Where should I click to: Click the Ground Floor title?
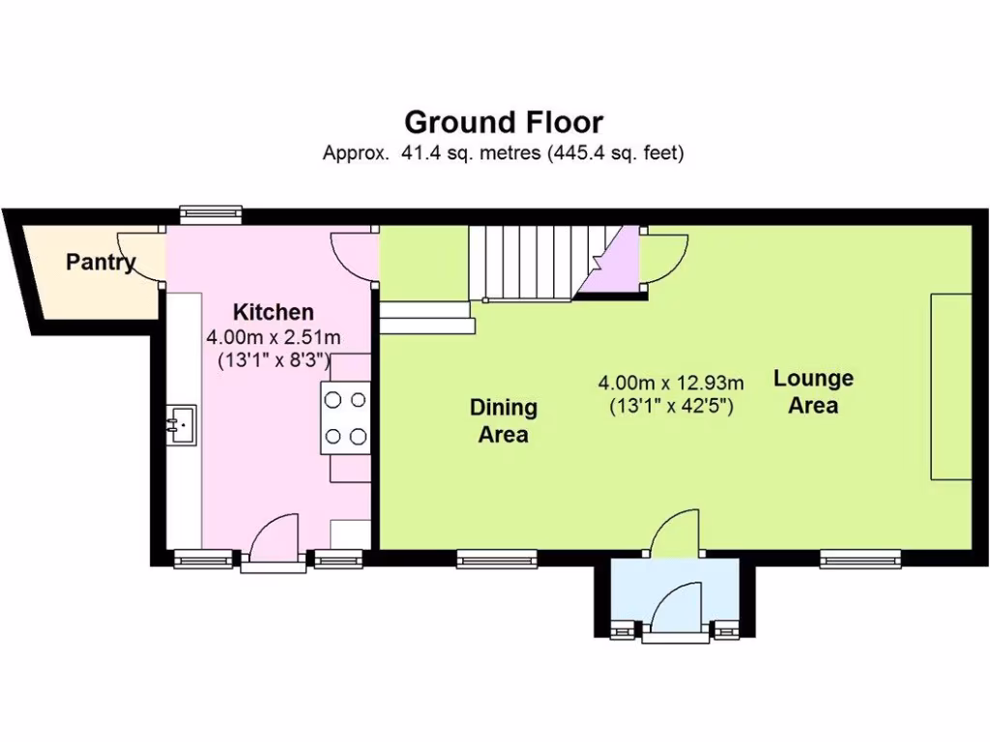(503, 123)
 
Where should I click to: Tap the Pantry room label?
(101, 262)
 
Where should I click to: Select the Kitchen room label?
(274, 312)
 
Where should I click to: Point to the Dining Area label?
(503, 420)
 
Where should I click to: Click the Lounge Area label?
(812, 391)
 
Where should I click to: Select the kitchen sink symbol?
(181, 423)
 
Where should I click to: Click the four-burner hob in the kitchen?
(346, 416)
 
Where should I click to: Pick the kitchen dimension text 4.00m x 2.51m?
(274, 337)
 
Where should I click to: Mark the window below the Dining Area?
(497, 557)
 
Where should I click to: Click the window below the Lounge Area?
(860, 557)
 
